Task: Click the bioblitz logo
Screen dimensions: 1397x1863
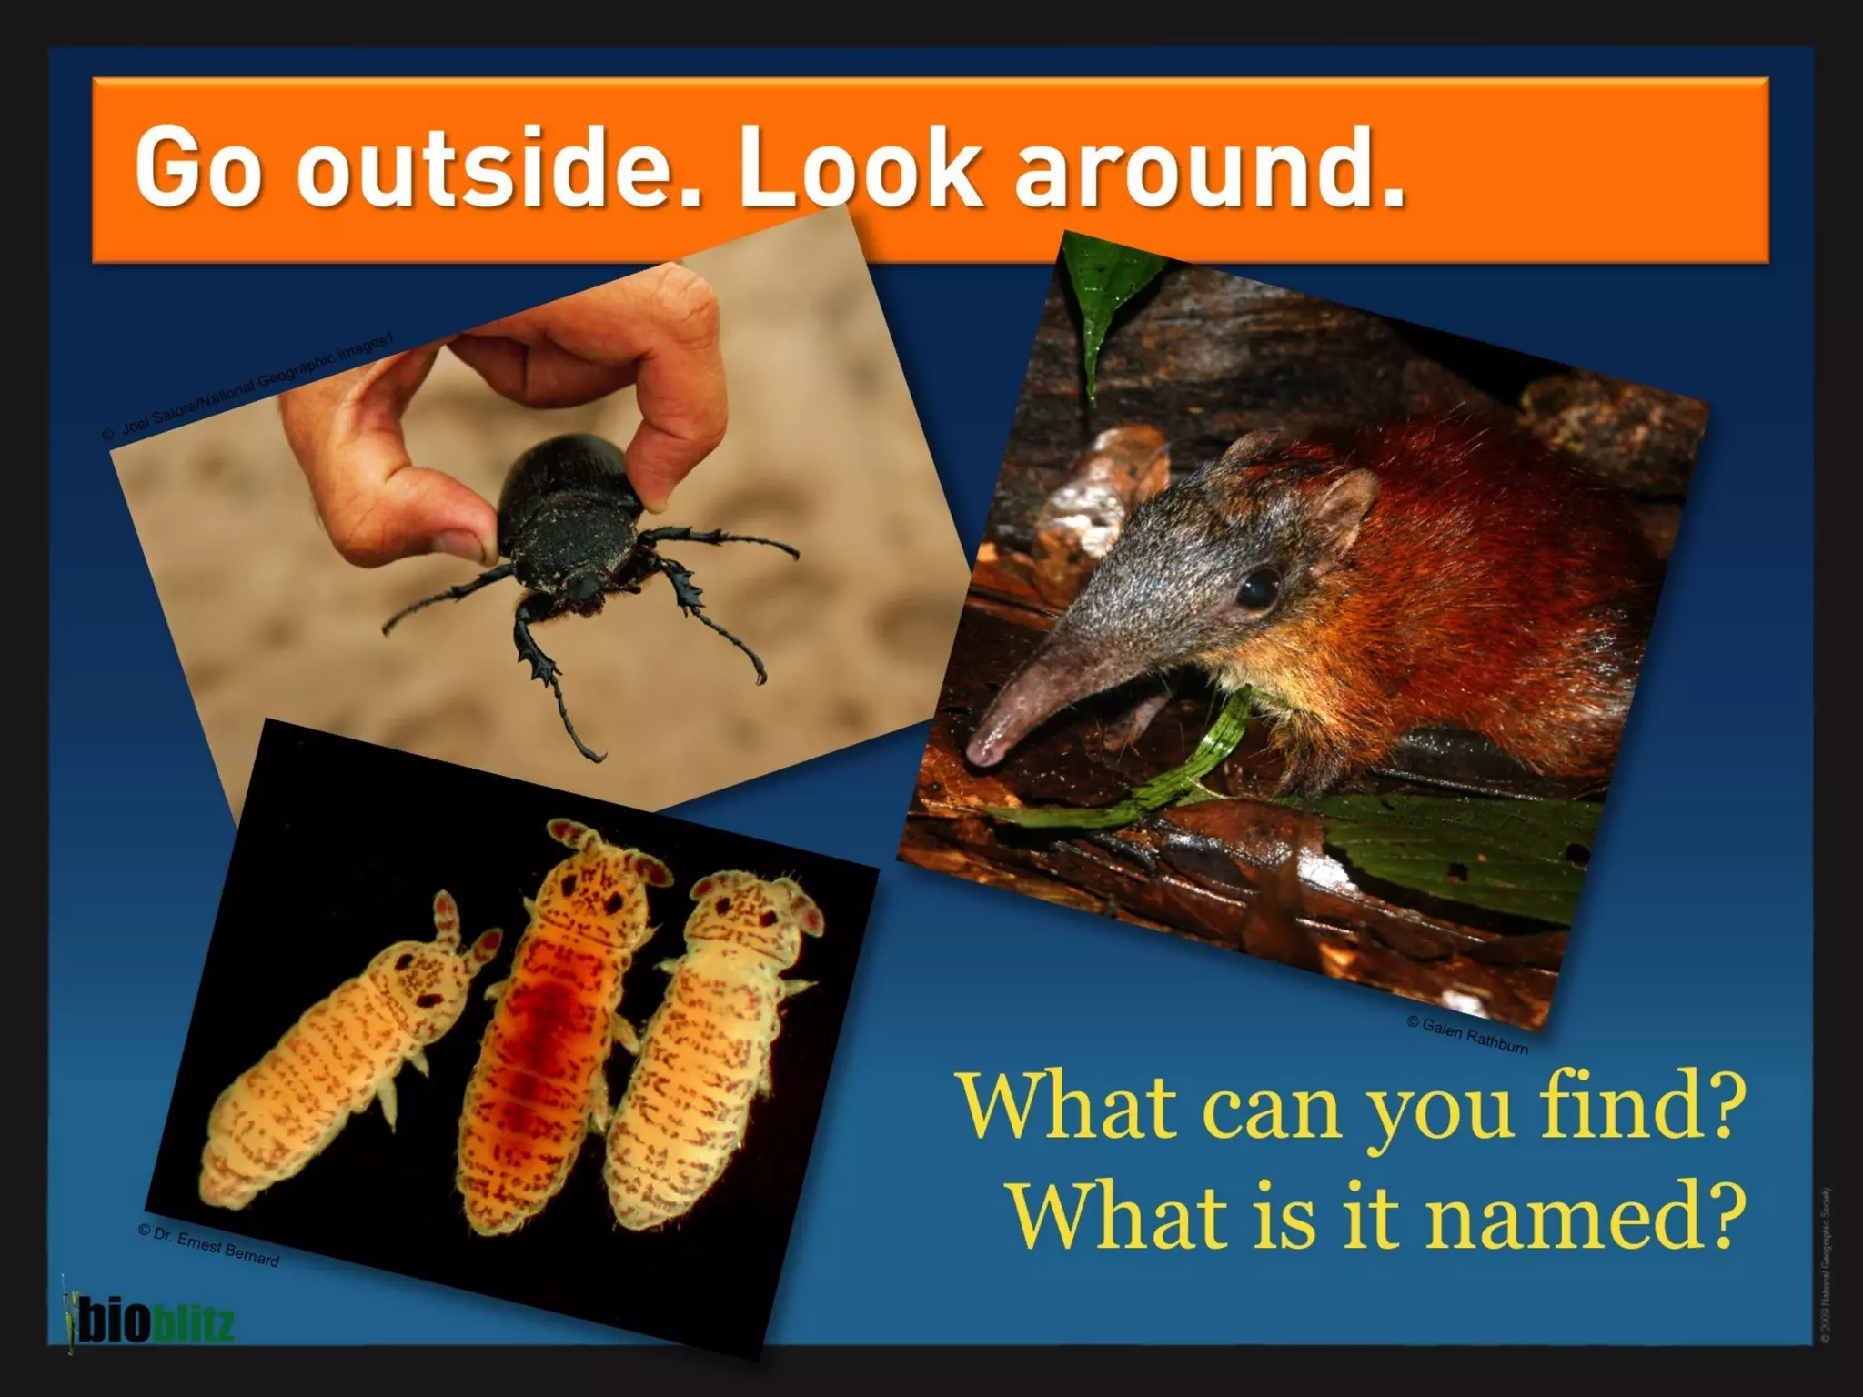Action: pyautogui.click(x=146, y=1322)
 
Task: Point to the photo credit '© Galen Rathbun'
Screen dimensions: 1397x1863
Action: pyautogui.click(x=1466, y=1036)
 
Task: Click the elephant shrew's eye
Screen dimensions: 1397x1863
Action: pyautogui.click(x=1259, y=588)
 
